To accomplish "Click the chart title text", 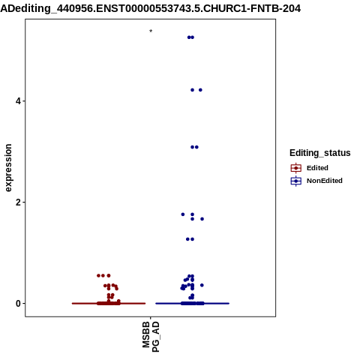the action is (151, 8).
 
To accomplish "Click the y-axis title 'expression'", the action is (8, 168).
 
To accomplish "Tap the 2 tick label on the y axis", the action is (18, 202).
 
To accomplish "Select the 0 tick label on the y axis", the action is (18, 304).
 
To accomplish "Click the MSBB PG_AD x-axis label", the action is (151, 337).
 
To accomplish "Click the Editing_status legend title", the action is (320, 153).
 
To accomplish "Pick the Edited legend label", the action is (317, 168).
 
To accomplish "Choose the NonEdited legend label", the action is (325, 181).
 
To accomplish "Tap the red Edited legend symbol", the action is (296, 168).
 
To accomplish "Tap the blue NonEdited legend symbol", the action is (296, 181).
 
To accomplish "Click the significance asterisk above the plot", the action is (151, 31).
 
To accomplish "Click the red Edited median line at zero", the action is (109, 304).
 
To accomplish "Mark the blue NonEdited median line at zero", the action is (192, 304).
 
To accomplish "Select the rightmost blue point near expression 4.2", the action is (200, 90).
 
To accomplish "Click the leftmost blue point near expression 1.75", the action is (183, 214).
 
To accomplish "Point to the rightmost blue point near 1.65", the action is (202, 219).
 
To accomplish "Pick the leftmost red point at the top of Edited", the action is (98, 275).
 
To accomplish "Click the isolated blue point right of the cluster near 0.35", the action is (202, 285).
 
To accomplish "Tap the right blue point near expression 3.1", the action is (196, 147).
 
